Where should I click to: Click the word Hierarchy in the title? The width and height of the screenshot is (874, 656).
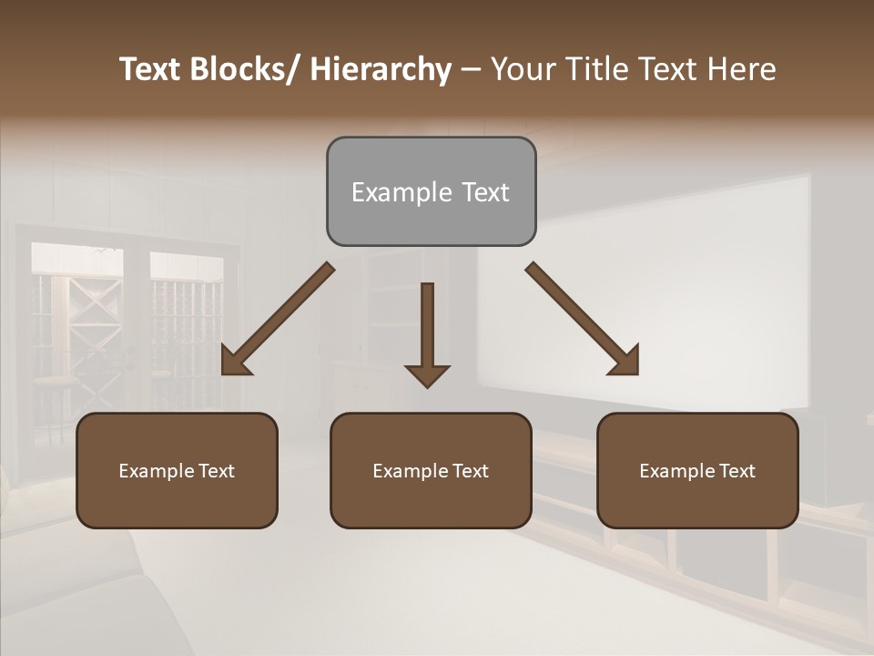point(381,69)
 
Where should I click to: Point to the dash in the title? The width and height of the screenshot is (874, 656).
point(471,69)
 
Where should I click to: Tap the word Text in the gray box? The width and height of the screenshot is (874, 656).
point(484,192)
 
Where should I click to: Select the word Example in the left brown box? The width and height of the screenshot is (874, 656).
point(156,471)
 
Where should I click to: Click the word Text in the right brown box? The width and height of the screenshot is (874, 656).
point(736,471)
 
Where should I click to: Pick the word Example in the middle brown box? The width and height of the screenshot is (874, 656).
point(410,471)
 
